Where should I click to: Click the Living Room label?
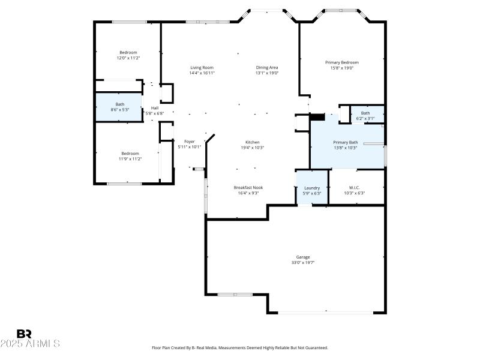pos(202,67)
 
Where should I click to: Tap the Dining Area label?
pos(267,67)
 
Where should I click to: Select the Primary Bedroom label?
pos(341,62)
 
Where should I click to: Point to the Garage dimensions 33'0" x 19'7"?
pos(303,262)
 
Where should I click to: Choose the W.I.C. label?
pos(354,187)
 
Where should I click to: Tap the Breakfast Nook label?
pos(248,187)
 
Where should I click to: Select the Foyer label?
pos(190,142)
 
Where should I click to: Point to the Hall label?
pos(155,108)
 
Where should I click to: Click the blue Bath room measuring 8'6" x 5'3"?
pos(119,107)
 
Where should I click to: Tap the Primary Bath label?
pos(345,142)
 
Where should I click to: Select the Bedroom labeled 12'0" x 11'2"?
pos(128,55)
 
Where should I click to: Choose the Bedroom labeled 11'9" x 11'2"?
pos(130,156)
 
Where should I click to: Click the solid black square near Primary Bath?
pos(317,117)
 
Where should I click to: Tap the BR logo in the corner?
pos(24,334)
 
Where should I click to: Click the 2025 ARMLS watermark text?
pos(29,344)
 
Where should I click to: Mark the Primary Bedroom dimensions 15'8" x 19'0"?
pos(341,68)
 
